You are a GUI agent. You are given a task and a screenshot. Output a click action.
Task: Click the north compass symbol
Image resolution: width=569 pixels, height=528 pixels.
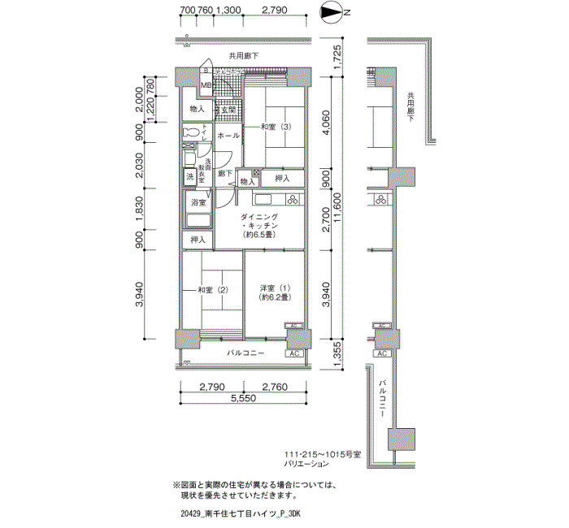point(332,12)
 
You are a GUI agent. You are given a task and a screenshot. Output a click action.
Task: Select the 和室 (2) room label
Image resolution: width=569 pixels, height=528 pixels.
point(210,290)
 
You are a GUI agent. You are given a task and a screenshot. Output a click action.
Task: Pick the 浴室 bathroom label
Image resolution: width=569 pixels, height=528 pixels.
point(198,201)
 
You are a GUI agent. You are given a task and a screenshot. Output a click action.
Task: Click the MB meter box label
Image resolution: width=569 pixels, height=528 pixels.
point(206,85)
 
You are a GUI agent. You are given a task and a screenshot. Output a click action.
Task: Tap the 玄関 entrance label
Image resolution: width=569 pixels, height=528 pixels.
point(228,109)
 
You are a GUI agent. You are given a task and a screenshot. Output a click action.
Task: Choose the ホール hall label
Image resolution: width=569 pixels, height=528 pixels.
point(228,135)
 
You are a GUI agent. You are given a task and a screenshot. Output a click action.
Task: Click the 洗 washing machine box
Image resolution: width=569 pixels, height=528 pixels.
point(190,176)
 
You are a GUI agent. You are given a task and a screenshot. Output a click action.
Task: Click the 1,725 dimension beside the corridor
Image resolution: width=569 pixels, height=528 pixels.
point(339,58)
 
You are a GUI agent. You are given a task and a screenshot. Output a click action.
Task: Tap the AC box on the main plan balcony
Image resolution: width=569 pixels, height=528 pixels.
point(293,354)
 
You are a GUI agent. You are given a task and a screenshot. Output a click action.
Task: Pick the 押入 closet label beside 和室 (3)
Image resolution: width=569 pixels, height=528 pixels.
point(282,178)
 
